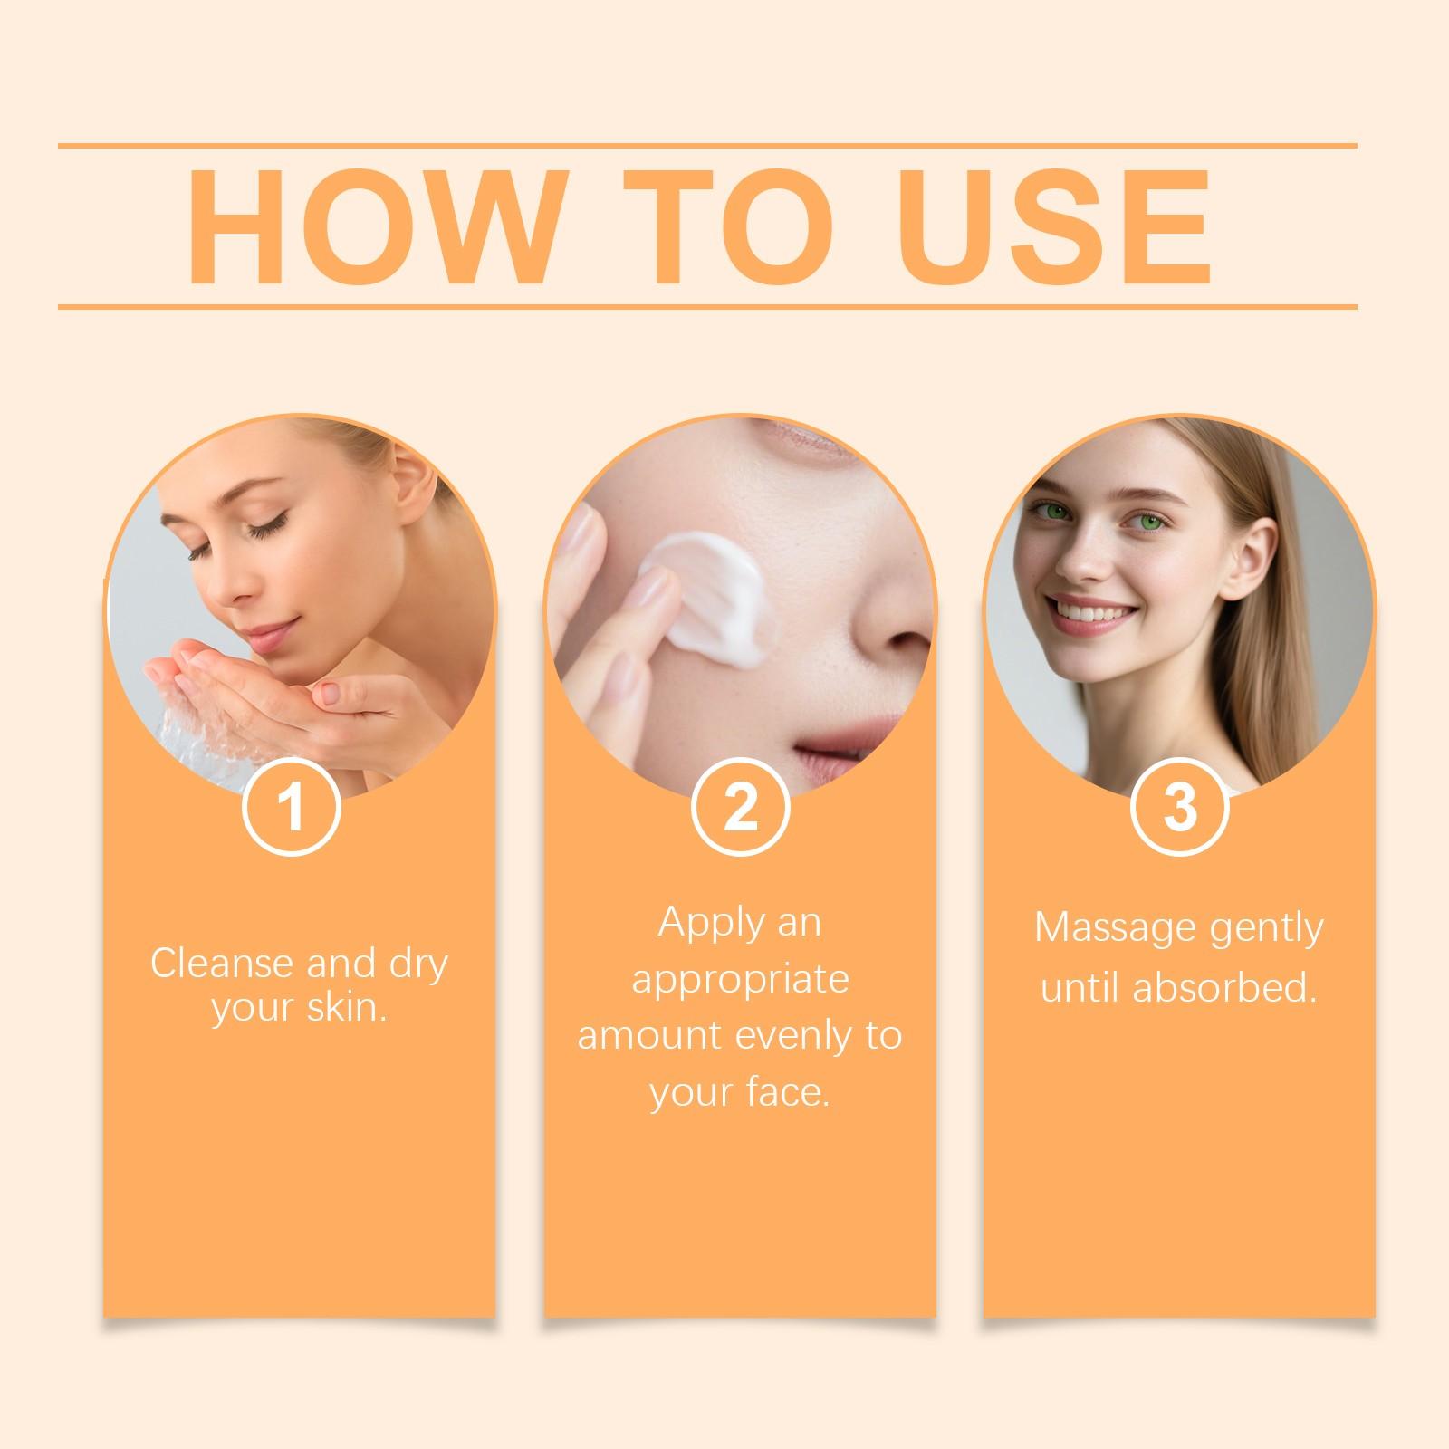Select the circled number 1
292,807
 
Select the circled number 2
740,807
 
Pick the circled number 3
1179,807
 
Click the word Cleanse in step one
223,963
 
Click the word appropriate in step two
740,979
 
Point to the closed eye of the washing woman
264,530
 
